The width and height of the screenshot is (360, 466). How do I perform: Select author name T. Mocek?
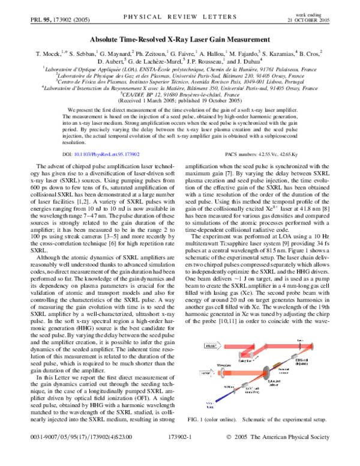[x=50, y=53]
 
